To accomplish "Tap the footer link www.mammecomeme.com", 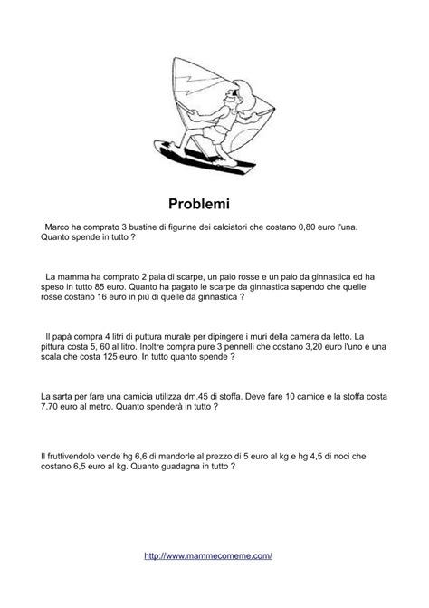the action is tap(208, 555).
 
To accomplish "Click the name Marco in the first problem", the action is tap(61, 227).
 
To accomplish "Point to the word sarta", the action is tap(63, 396).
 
